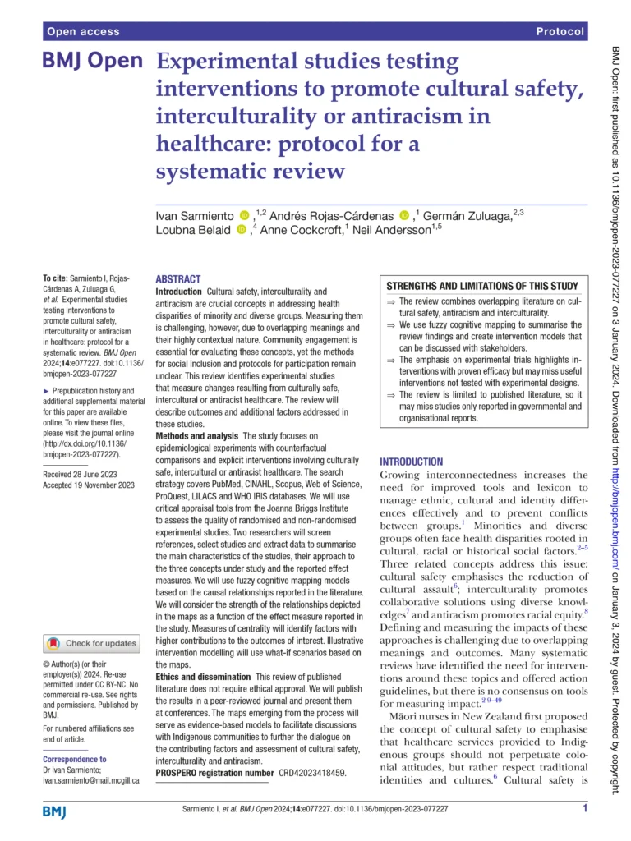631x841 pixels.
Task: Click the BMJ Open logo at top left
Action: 92,62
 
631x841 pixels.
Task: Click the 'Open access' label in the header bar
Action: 83,32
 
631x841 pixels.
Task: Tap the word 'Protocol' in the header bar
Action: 560,32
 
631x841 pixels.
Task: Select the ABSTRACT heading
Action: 177,280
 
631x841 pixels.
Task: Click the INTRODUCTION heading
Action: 416,462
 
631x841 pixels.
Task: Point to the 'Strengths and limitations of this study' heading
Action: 483,286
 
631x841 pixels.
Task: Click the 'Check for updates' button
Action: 91,643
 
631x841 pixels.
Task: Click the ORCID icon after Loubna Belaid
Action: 241,231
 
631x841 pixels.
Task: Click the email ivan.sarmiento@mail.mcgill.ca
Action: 90,781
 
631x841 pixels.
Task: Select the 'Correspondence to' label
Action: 74,760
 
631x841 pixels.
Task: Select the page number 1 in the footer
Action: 584,810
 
